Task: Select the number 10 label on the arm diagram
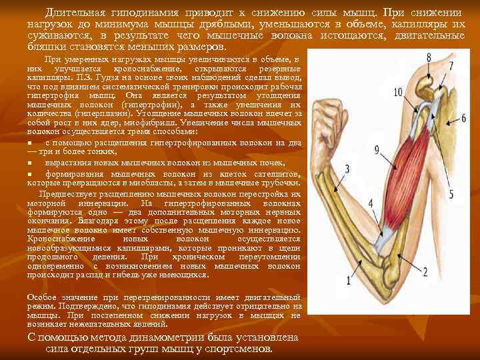[x=398, y=92]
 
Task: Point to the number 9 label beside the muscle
[x=377, y=149]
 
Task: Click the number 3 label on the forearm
[x=347, y=169]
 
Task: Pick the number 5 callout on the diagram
[x=451, y=194]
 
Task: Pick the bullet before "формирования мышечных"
[x=30, y=173]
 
